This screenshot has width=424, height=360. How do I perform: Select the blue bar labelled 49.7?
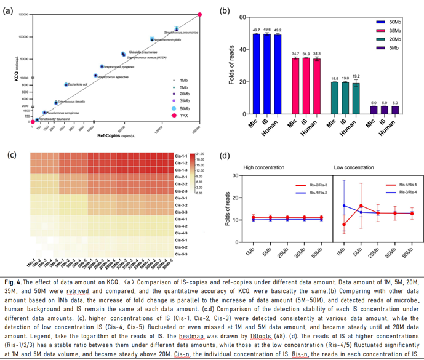tap(256, 74)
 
